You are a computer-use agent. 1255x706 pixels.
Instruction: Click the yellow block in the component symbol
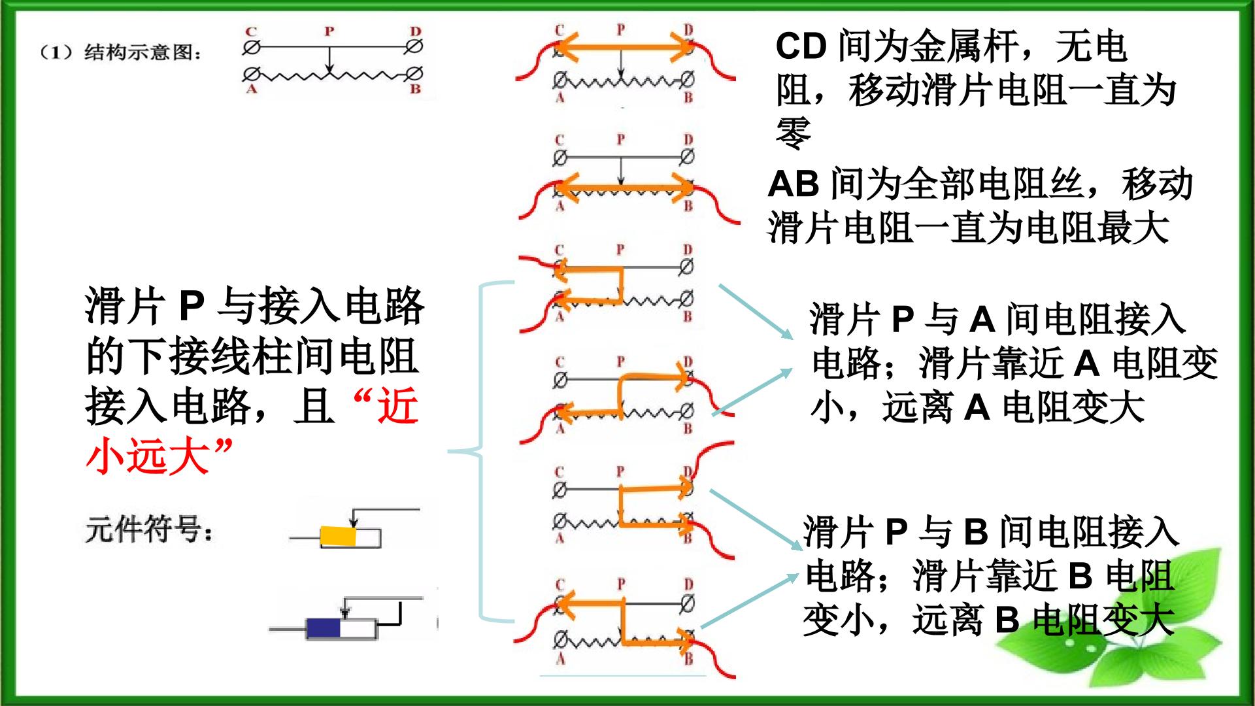pyautogui.click(x=338, y=537)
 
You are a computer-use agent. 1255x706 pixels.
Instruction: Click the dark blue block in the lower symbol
pyautogui.click(x=324, y=628)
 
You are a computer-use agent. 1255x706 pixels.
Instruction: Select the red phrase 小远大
pyautogui.click(x=148, y=456)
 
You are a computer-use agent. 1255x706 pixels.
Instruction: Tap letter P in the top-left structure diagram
pyautogui.click(x=329, y=31)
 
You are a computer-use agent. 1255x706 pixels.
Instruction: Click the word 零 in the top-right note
pyautogui.click(x=794, y=133)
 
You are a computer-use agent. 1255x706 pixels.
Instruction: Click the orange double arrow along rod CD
pyautogui.click(x=624, y=47)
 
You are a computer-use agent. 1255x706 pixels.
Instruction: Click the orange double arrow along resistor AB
pyautogui.click(x=624, y=190)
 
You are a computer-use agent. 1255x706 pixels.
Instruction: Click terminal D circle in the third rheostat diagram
pyautogui.click(x=686, y=267)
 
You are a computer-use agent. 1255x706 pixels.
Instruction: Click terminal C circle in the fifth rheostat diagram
pyautogui.click(x=560, y=490)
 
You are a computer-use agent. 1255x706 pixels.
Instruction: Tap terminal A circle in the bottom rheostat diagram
pyautogui.click(x=560, y=639)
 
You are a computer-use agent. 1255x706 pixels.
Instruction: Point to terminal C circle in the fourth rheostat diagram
pyautogui.click(x=560, y=379)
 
